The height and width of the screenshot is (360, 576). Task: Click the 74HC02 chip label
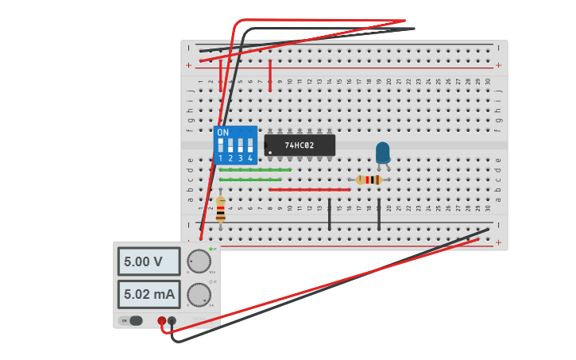coord(300,145)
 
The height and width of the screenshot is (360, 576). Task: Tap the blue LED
coord(383,152)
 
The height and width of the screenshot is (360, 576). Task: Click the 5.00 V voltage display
coord(149,261)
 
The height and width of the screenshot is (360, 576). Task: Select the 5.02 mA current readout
coord(149,294)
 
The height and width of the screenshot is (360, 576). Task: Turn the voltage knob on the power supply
coord(199,261)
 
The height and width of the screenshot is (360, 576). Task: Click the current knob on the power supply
coord(199,295)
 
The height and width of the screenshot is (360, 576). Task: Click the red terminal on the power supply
coord(162,321)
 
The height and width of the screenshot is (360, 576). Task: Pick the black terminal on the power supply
coord(172,321)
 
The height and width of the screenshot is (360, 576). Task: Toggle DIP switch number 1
coord(221,145)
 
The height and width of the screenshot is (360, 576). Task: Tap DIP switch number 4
coord(250,145)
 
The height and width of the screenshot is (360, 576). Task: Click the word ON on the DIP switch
coord(222,132)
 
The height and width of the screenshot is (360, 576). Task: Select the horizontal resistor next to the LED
coord(369,180)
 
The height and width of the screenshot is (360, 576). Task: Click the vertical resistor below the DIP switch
coord(221,208)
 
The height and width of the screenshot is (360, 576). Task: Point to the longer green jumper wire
coord(255,169)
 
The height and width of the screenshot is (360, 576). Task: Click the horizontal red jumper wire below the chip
coord(310,189)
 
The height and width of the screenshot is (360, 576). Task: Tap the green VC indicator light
coord(211,250)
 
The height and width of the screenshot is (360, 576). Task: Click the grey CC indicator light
coord(211,282)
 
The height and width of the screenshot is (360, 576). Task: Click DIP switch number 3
coord(241,145)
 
